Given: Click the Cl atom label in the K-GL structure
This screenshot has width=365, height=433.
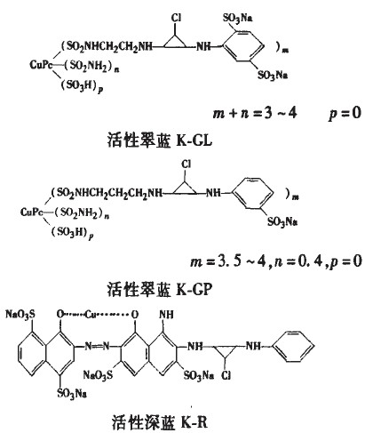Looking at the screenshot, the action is (176, 18).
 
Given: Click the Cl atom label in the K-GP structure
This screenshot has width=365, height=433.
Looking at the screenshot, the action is (186, 164).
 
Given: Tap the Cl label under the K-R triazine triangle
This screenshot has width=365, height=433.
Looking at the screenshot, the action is (226, 375).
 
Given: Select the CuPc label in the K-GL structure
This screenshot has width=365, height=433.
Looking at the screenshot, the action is (41, 64).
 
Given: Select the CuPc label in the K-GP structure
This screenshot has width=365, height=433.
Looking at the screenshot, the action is (31, 212).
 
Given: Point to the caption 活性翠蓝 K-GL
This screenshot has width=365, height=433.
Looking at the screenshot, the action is (160, 140).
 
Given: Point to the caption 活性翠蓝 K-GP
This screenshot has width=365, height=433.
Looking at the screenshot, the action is (160, 289).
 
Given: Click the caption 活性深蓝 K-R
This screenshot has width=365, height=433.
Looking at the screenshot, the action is (160, 422).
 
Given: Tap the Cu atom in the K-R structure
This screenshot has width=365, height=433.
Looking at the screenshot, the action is (91, 314).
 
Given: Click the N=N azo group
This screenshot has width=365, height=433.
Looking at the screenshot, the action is (97, 346).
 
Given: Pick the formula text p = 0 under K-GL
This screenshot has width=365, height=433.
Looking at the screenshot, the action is (345, 113).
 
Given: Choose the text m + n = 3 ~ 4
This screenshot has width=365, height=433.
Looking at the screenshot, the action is (255, 113).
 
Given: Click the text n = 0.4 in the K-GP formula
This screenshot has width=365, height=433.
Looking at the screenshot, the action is (298, 261).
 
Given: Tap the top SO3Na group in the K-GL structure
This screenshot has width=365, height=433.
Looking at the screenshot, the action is (238, 19).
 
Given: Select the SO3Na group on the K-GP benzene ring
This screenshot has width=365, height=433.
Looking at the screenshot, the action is (282, 221).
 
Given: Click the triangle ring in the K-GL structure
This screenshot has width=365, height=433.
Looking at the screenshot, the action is (175, 43).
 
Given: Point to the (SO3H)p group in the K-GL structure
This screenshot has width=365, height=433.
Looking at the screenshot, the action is (82, 86).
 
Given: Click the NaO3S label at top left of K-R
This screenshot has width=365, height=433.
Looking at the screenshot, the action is (20, 314).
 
